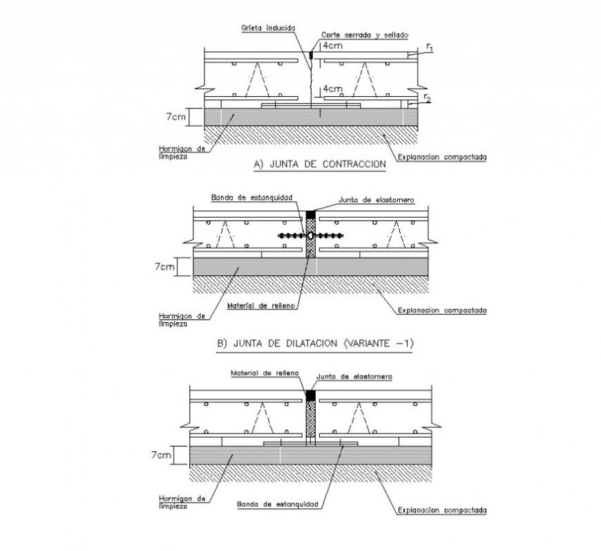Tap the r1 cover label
430,47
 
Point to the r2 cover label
427,97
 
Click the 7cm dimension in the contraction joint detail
175,117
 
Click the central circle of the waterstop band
311,236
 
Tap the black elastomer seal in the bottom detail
311,394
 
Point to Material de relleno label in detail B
259,304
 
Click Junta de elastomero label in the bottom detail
353,377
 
